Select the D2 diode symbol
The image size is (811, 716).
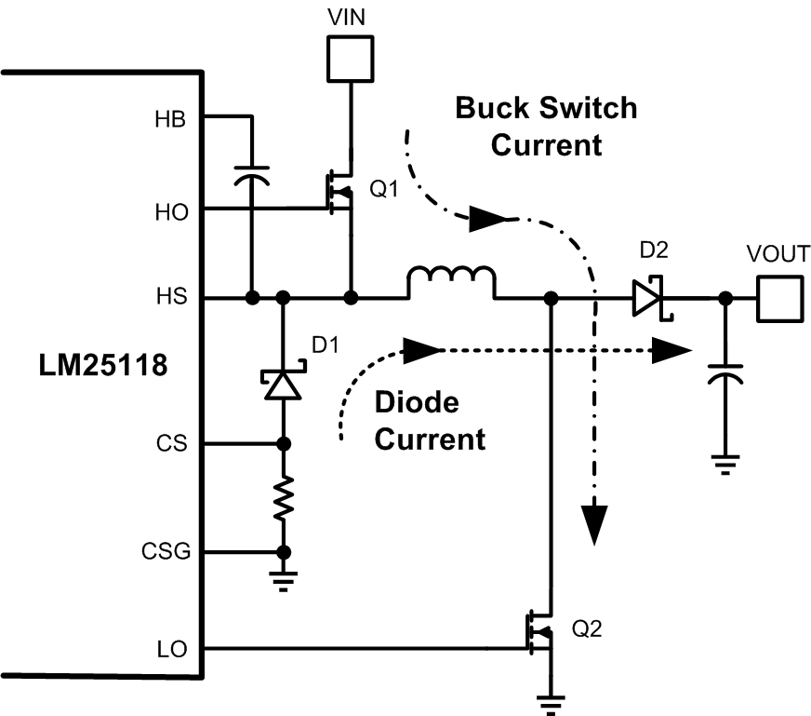[x=648, y=299]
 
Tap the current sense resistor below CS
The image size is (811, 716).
[x=284, y=498]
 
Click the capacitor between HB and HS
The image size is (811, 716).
[x=251, y=177]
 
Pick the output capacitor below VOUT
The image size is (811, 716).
[x=723, y=377]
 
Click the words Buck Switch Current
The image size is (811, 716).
[x=546, y=126]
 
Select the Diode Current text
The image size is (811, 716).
[x=429, y=420]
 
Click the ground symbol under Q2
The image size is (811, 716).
[x=552, y=703]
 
